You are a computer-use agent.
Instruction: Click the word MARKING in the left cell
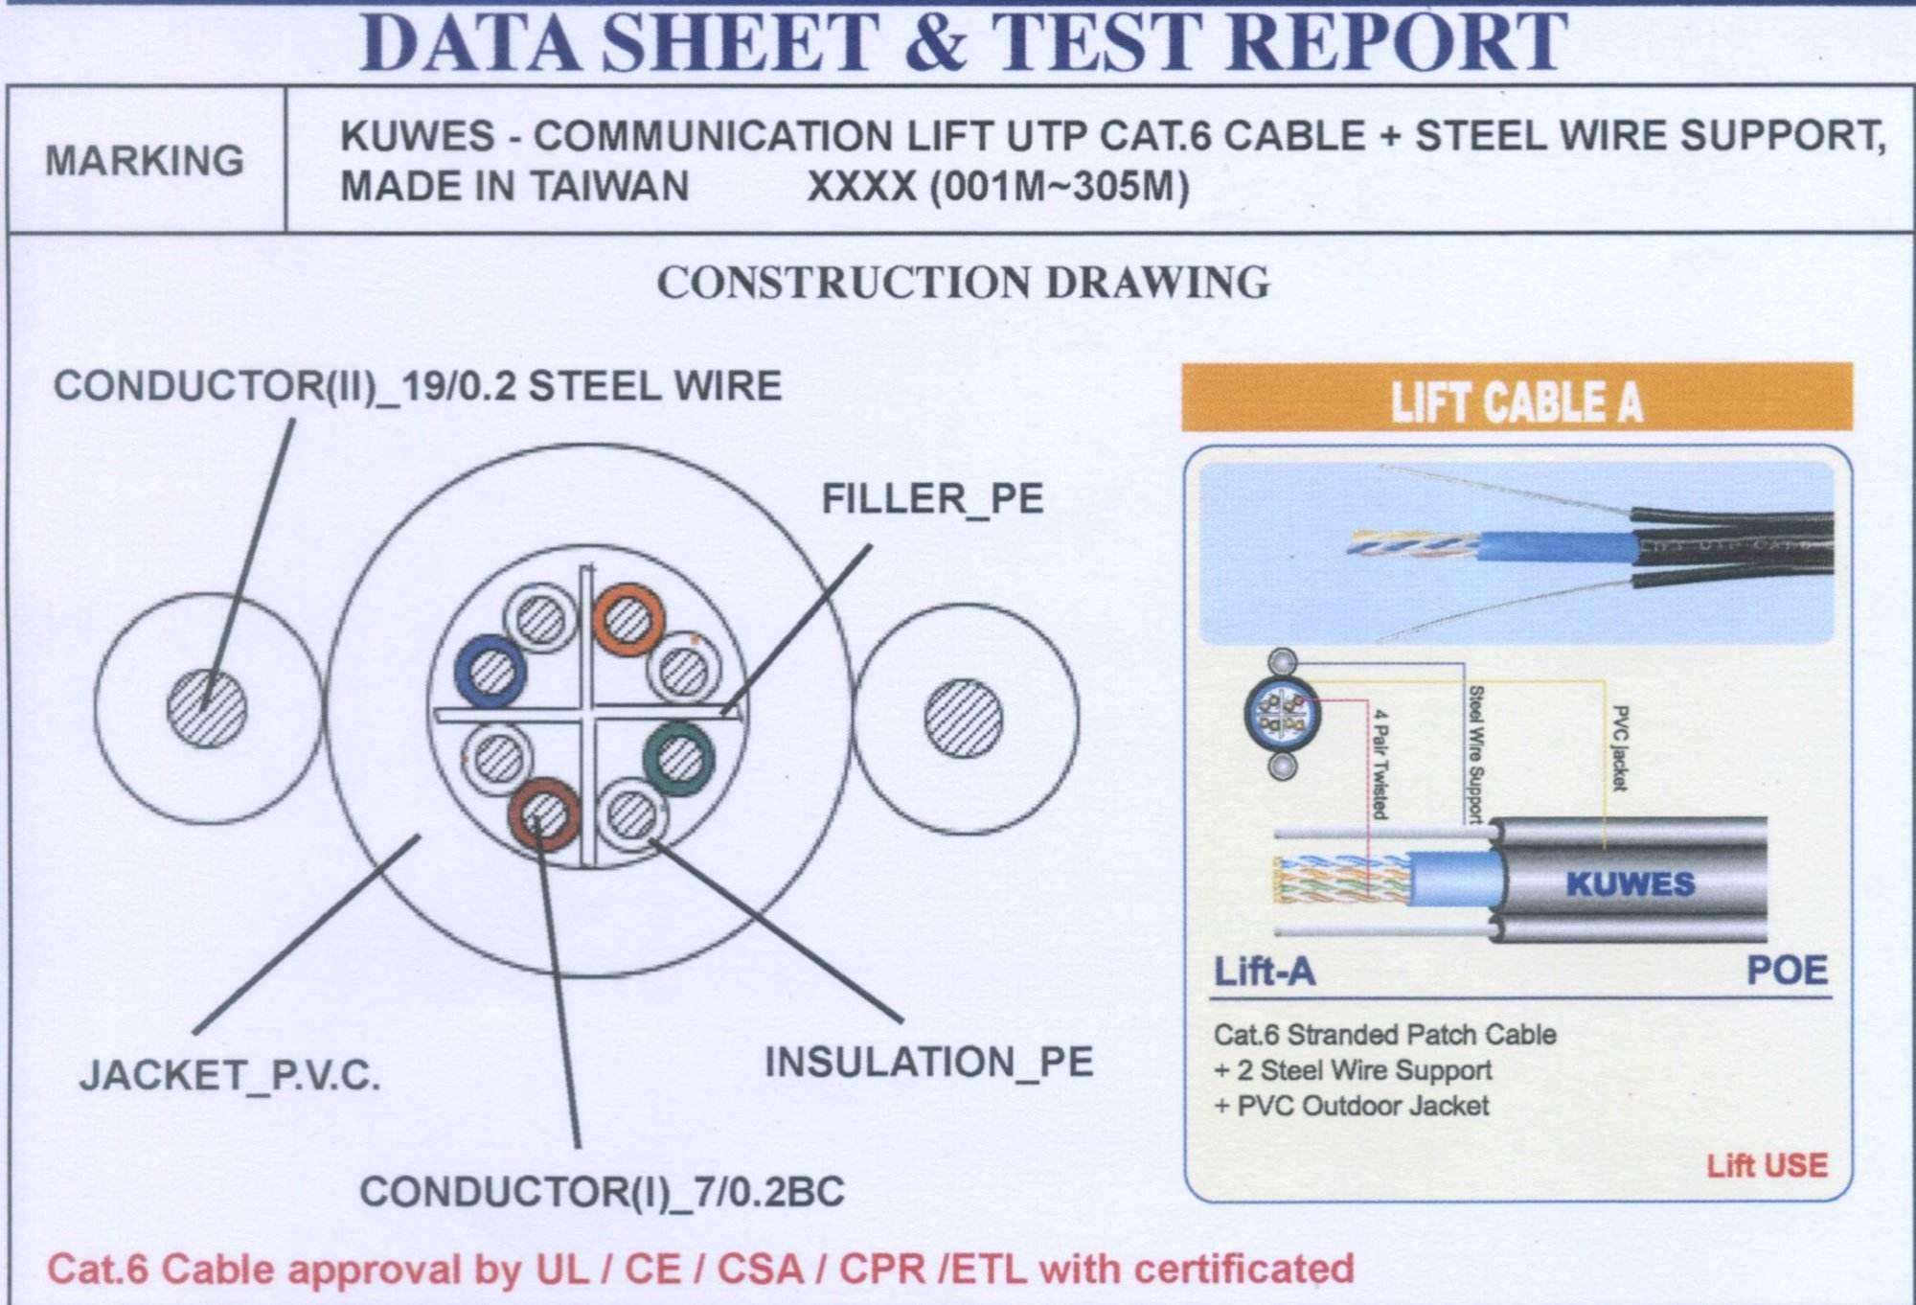pyautogui.click(x=145, y=161)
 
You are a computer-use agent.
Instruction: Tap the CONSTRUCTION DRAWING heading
pyautogui.click(x=963, y=283)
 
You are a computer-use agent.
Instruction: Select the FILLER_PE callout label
pyautogui.click(x=932, y=499)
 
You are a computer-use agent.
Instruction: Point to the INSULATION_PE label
pyautogui.click(x=928, y=1063)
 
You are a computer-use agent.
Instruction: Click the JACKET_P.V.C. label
pyautogui.click(x=230, y=1075)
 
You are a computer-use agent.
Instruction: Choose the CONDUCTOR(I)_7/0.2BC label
pyautogui.click(x=602, y=1192)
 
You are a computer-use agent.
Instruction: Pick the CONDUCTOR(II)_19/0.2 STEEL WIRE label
pyautogui.click(x=418, y=386)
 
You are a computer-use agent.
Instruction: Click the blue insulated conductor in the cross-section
pyautogui.click(x=490, y=670)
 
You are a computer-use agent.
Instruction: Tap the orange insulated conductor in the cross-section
pyautogui.click(x=628, y=619)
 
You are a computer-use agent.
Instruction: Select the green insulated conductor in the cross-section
pyautogui.click(x=679, y=757)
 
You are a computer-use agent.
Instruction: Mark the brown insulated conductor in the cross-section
pyautogui.click(x=544, y=814)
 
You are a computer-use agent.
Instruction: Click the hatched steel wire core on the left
pyautogui.click(x=207, y=709)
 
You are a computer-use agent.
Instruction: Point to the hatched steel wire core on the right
pyautogui.click(x=964, y=719)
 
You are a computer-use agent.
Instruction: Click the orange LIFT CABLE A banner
pyautogui.click(x=1517, y=398)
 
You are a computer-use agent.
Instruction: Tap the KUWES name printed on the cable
pyautogui.click(x=1631, y=883)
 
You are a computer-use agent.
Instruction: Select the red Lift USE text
pyautogui.click(x=1767, y=1165)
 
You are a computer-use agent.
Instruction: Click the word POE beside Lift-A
pyautogui.click(x=1787, y=972)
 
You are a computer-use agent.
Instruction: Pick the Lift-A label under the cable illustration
pyautogui.click(x=1265, y=973)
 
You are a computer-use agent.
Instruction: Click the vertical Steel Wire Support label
pyautogui.click(x=1476, y=754)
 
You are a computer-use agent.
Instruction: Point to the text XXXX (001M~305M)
pyautogui.click(x=998, y=186)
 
